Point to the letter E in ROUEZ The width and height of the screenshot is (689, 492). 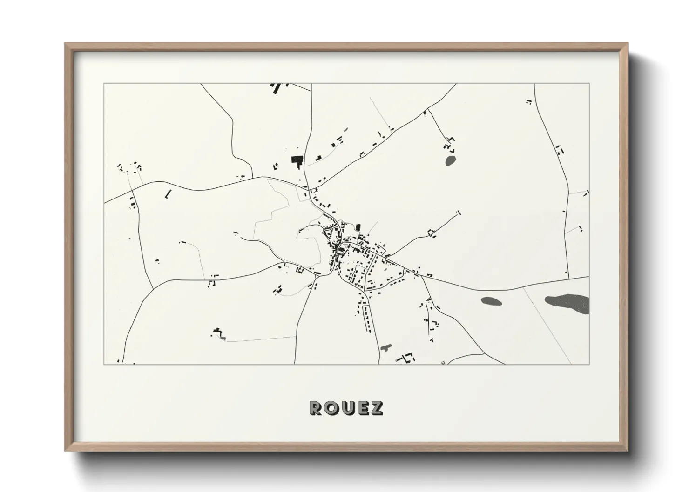click(x=361, y=408)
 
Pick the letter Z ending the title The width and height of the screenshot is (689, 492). click(x=376, y=408)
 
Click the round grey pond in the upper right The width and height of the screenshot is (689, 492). click(x=450, y=161)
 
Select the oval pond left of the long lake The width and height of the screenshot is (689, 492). click(x=492, y=301)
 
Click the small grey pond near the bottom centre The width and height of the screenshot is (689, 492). click(x=386, y=347)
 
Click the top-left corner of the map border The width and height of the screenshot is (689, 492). click(x=104, y=84)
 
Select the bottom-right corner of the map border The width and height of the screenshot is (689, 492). click(x=589, y=364)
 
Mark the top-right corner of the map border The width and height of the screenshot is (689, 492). click(x=589, y=84)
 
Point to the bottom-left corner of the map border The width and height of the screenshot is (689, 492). click(x=104, y=364)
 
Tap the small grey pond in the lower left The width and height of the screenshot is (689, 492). click(x=223, y=337)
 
